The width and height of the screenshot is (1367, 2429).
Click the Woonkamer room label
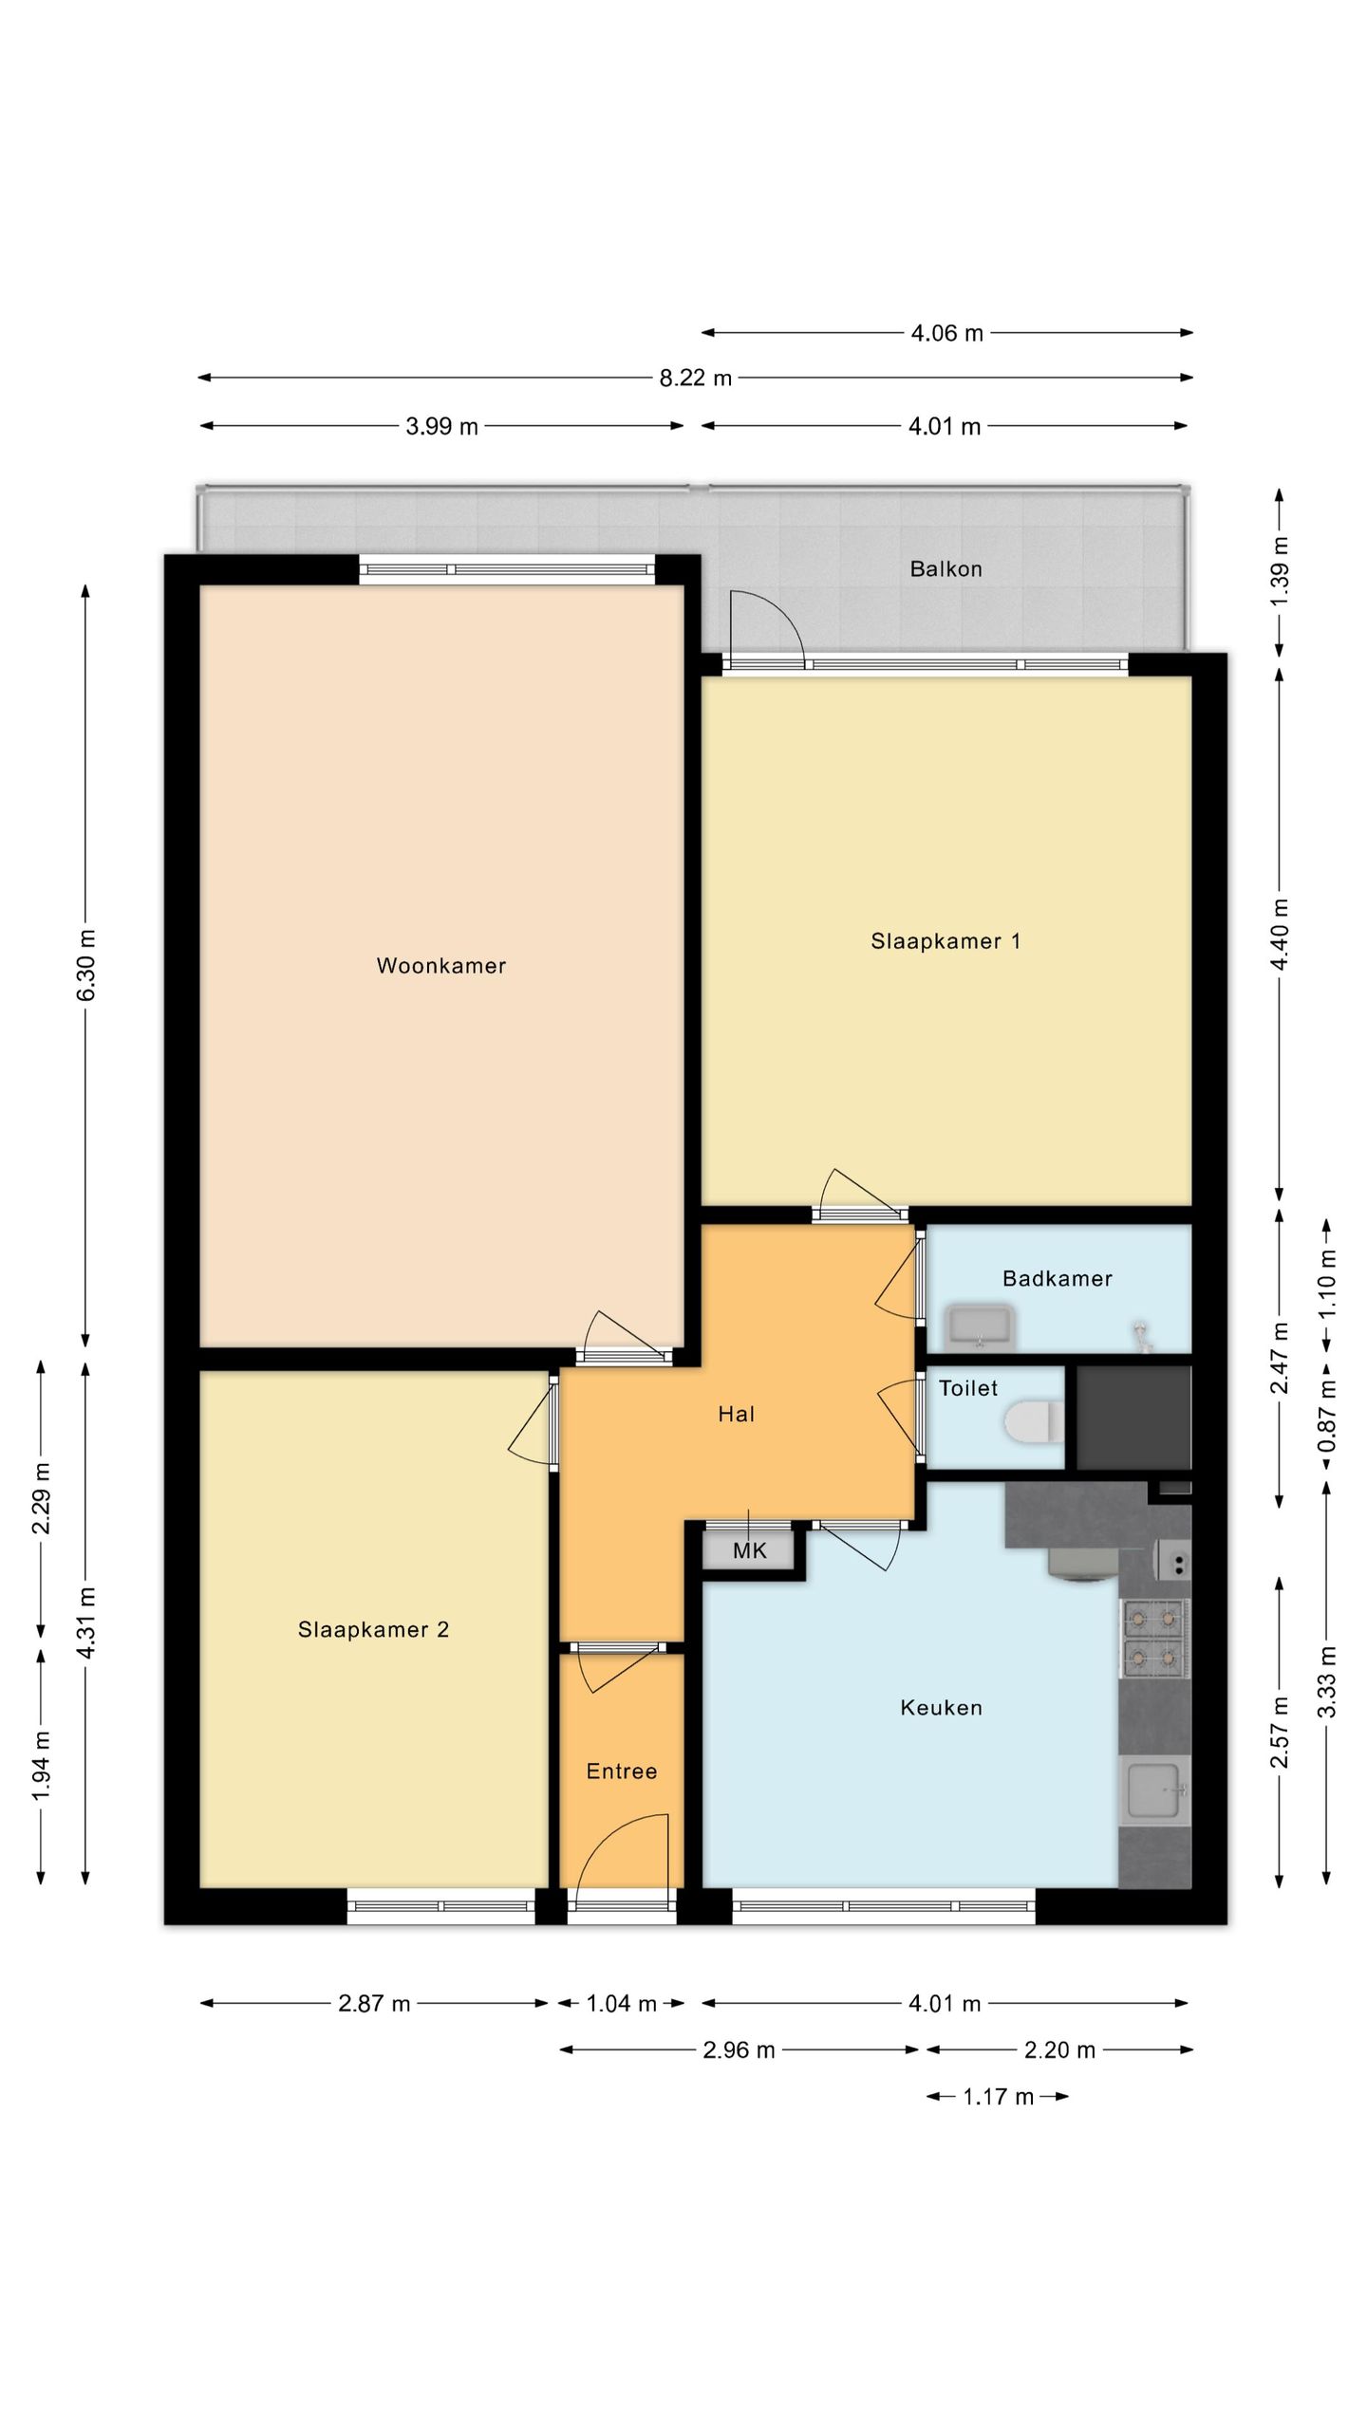pos(441,966)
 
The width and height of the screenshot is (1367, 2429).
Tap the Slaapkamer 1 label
pos(946,941)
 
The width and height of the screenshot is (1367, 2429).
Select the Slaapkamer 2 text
pos(373,1630)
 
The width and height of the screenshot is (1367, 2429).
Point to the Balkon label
pos(946,569)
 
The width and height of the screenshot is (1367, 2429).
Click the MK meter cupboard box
pos(749,1550)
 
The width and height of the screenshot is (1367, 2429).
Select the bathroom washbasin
pos(981,1326)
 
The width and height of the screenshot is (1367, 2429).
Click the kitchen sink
pos(1154,1790)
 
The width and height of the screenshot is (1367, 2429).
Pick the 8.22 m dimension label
pos(696,378)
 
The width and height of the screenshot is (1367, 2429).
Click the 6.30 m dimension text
pos(86,965)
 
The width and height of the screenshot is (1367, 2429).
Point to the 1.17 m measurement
pos(998,2097)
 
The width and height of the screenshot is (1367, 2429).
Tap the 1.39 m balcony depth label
pos(1280,572)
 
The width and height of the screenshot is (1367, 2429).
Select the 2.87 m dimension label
pos(374,2004)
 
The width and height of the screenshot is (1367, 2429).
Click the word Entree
pos(622,1771)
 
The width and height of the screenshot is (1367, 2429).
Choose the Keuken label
pos(941,1708)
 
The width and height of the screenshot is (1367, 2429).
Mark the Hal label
pos(737,1415)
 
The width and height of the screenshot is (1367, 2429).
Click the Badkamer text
pos(1058,1279)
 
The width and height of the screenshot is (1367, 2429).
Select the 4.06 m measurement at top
pos(946,333)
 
